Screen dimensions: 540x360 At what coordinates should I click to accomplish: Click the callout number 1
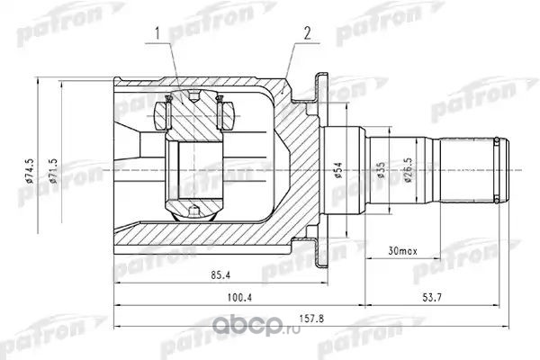pos(157,34)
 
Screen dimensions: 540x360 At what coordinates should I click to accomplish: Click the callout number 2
pos(307,33)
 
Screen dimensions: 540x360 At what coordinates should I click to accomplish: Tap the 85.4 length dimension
pos(220,274)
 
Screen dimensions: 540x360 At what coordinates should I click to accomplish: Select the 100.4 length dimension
pos(239,297)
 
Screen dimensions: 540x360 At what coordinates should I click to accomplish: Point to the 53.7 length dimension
pos(431,297)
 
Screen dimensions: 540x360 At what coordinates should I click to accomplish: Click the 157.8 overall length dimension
pos(311,319)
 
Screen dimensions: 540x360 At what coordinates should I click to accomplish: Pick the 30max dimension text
pos(402,251)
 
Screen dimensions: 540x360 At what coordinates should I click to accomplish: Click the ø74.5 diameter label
pos(31,170)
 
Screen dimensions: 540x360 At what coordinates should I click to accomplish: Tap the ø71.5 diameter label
pos(53,171)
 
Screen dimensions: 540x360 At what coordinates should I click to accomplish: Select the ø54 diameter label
pos(338,170)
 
